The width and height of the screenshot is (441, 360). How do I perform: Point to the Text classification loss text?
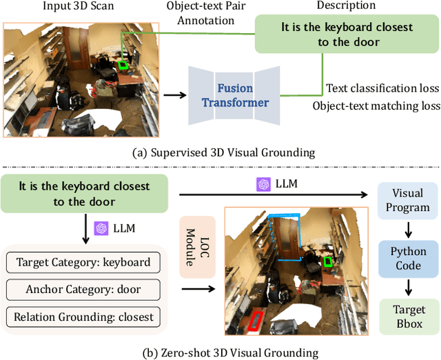pos(382,88)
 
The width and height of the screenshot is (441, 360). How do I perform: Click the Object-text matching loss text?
pos(376,106)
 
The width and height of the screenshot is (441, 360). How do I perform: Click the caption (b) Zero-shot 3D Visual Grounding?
pos(220,352)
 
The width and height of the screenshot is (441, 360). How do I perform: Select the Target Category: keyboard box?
pos(83,262)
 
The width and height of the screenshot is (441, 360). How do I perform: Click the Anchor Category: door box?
pos(83,290)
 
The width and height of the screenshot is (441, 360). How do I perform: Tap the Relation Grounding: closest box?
pos(83,317)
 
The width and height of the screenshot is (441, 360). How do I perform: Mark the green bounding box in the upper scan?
pos(123,65)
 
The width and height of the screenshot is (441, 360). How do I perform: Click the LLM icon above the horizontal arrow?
pos(262,185)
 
